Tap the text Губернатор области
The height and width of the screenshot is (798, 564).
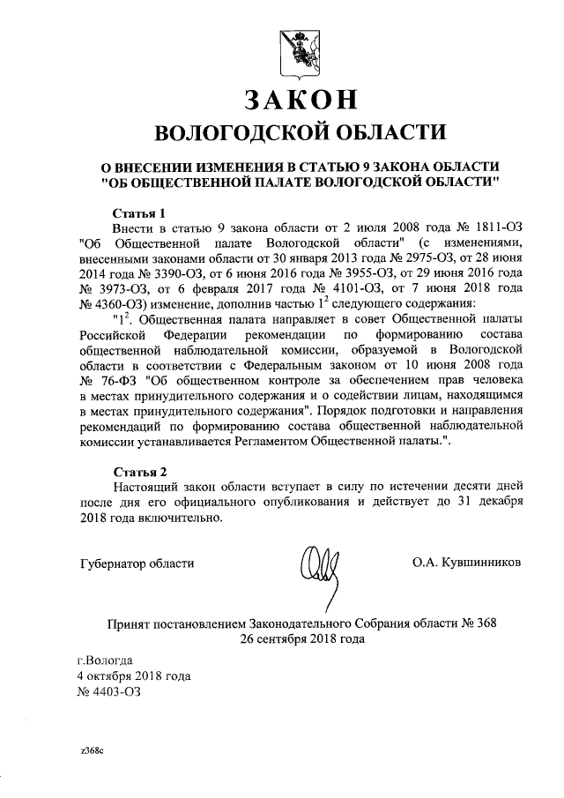pyautogui.click(x=135, y=562)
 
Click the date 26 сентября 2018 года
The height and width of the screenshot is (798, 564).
pyautogui.click(x=301, y=638)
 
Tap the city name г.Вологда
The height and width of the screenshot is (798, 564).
pyautogui.click(x=106, y=660)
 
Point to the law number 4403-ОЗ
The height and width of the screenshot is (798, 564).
pyautogui.click(x=109, y=691)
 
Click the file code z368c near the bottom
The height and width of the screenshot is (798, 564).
pyautogui.click(x=91, y=750)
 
